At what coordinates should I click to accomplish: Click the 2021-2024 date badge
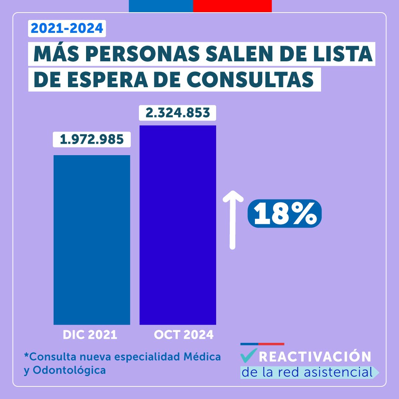tap(67, 29)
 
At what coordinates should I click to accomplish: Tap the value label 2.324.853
tap(178, 113)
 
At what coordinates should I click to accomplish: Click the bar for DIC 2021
tap(92, 240)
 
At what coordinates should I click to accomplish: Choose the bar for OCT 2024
tap(178, 225)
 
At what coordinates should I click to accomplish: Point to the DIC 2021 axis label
tap(90, 335)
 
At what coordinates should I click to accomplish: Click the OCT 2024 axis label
tap(184, 335)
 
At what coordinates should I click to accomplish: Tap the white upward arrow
tap(232, 220)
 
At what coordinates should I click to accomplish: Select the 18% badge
tap(284, 214)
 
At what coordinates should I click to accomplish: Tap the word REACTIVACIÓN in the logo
tap(315, 357)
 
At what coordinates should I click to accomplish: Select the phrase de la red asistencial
tap(307, 372)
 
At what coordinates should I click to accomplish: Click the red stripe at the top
tap(232, 6)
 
